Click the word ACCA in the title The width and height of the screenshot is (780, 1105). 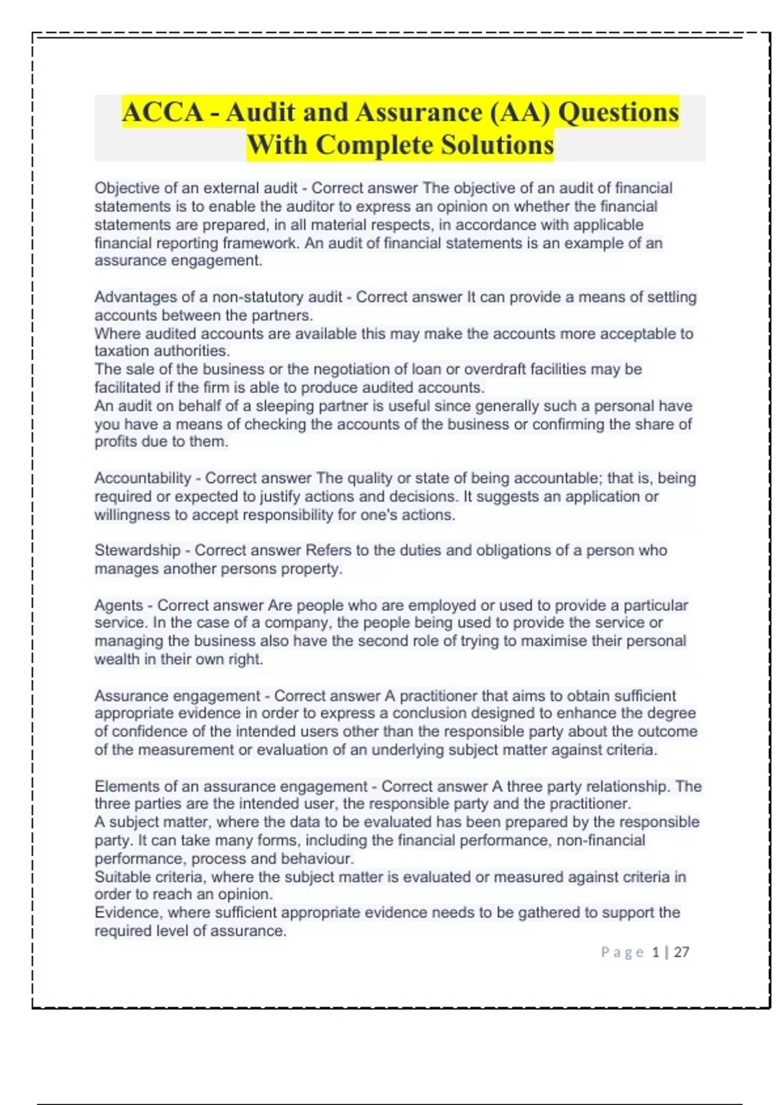163,112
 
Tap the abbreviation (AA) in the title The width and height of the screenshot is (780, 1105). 519,112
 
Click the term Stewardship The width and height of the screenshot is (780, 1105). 137,550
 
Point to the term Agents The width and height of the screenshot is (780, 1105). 118,605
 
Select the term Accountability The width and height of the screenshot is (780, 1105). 142,478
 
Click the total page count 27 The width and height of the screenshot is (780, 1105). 681,952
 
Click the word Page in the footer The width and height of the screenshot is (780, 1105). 622,952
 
